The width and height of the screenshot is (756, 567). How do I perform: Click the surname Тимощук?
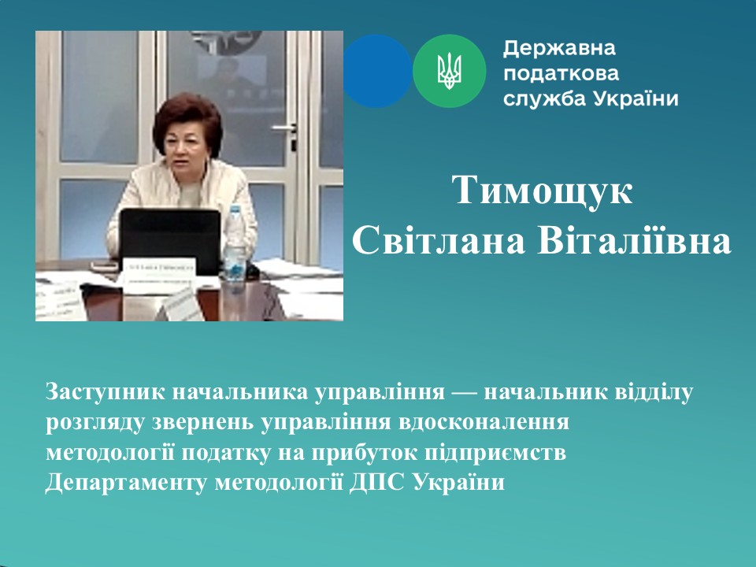(x=542, y=191)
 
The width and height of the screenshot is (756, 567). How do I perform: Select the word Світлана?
(x=439, y=241)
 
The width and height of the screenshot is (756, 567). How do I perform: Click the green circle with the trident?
(x=450, y=71)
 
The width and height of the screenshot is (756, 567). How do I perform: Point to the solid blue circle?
(x=376, y=71)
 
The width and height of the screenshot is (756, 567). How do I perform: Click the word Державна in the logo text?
(x=560, y=49)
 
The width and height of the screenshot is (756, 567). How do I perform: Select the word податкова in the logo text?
(x=561, y=74)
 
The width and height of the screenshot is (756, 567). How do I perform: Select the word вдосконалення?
(x=484, y=422)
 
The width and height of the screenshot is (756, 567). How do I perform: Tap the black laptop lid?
(x=170, y=236)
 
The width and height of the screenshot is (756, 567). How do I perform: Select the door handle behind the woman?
(x=286, y=128)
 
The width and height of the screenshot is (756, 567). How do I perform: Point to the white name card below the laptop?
(x=159, y=274)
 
